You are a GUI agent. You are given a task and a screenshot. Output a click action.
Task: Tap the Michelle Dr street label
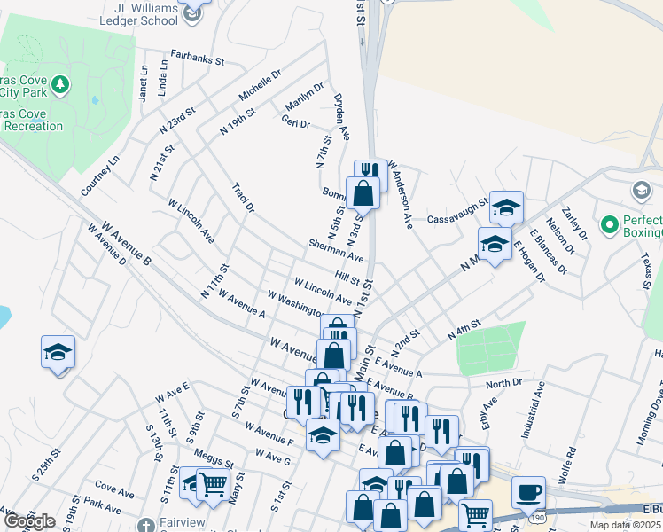259,84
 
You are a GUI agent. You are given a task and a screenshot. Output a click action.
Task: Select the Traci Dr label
243,197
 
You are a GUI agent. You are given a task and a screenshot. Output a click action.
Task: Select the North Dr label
504,384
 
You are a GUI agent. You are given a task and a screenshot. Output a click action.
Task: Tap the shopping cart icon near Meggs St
213,484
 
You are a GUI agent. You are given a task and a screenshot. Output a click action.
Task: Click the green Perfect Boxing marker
608,224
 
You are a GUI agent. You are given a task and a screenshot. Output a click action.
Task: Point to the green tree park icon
59,85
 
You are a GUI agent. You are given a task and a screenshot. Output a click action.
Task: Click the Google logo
29,520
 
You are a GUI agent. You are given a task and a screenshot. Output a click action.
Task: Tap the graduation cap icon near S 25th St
58,352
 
